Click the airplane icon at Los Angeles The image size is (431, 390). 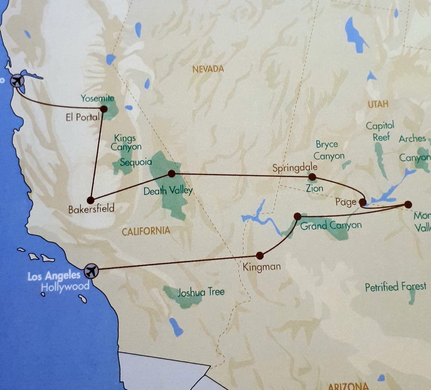(91, 270)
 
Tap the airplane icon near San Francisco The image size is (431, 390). (18, 81)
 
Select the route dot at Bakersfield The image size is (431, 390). (91, 200)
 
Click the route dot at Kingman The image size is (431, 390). (260, 256)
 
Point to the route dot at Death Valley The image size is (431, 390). (171, 174)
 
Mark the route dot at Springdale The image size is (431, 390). (312, 176)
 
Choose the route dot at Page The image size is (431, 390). (363, 203)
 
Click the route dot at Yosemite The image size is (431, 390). (104, 109)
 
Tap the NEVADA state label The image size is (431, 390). (207, 69)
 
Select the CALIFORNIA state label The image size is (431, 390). (145, 231)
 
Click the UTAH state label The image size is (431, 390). (379, 103)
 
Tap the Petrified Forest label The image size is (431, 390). (395, 287)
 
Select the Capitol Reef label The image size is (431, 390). (380, 131)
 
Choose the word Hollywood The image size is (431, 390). (65, 287)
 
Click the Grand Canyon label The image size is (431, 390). (331, 225)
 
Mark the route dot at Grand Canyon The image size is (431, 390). (297, 216)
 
